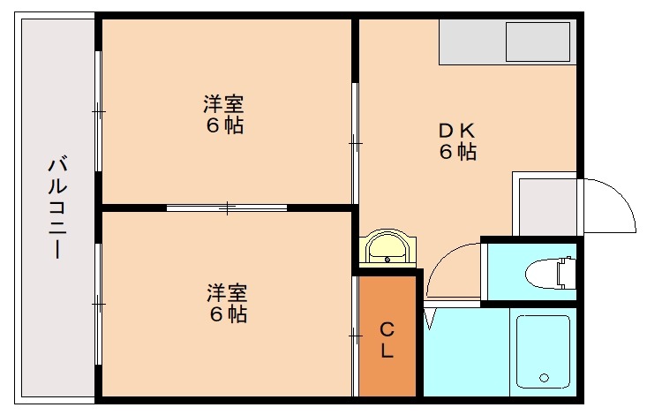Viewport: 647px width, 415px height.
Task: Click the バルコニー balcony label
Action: pos(57,207)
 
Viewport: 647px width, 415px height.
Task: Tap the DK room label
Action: pos(458,131)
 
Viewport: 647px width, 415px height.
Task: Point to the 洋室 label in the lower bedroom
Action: pos(227,292)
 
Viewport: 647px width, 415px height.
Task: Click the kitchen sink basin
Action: pos(537,41)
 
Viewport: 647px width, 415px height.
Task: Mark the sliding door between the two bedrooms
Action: pos(227,207)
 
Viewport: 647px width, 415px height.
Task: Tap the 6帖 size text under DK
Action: pos(458,152)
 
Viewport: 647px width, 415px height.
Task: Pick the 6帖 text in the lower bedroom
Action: pos(227,313)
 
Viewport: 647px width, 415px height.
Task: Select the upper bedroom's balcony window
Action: pos(98,112)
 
